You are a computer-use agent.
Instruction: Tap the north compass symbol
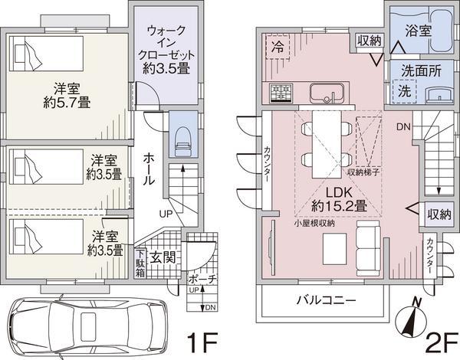pos(415,317)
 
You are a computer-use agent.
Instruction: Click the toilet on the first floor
pos(182,139)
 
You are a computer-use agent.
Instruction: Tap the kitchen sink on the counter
pos(326,93)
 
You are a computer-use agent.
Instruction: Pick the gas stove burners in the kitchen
pos(281,93)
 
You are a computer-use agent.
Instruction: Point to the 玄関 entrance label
pos(163,257)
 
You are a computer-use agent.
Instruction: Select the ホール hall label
pos(150,167)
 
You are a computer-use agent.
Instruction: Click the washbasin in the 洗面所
pos(436,94)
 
